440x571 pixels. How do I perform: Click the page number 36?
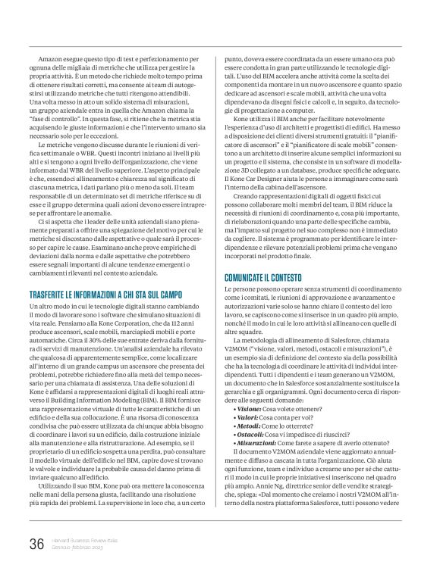tap(36, 543)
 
